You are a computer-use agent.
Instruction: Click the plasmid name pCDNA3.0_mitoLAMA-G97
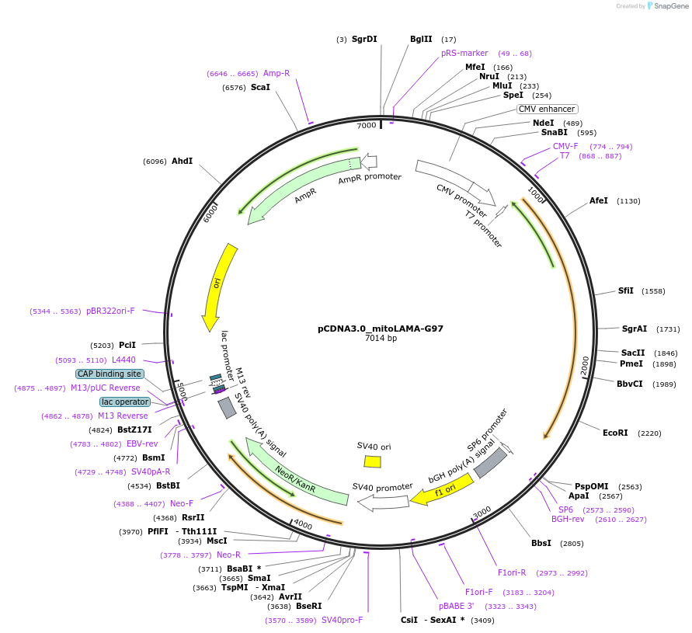tap(381, 329)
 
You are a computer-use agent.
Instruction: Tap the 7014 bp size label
tap(381, 339)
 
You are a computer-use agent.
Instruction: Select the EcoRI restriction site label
tap(615, 433)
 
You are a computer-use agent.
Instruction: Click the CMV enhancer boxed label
tap(547, 109)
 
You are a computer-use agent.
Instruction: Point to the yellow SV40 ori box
tap(373, 461)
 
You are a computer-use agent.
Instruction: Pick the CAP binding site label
tap(110, 374)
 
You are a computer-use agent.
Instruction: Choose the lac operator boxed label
tap(124, 402)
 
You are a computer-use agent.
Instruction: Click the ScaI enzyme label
tap(260, 88)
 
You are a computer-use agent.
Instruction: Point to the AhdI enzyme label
tap(182, 161)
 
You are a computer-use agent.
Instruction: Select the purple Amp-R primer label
tap(276, 73)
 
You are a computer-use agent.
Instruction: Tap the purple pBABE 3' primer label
tap(456, 606)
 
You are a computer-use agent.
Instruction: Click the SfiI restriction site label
tap(626, 290)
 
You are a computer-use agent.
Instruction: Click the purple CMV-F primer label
tap(565, 146)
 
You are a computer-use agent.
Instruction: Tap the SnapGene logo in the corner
tap(666, 6)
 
